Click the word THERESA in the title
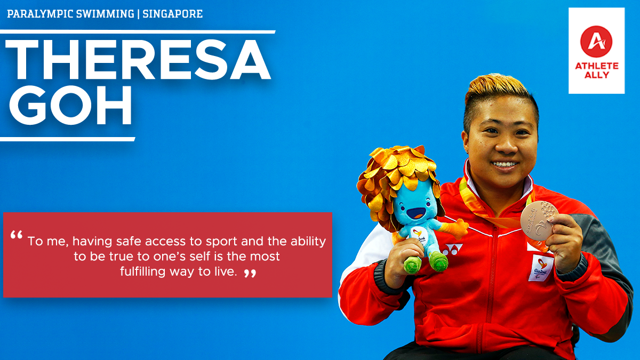[x=138, y=60]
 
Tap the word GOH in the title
[x=70, y=105]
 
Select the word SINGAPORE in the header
[x=173, y=14]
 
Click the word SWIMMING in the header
[x=105, y=14]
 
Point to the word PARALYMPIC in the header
[x=40, y=14]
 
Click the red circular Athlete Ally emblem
[x=596, y=42]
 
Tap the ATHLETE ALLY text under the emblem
[x=597, y=70]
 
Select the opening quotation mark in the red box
[x=17, y=235]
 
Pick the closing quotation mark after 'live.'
[x=250, y=273]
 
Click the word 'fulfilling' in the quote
[x=142, y=271]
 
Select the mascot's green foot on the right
[x=438, y=261]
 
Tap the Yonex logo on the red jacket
[x=452, y=250]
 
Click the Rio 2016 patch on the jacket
[x=541, y=268]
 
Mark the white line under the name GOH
[x=67, y=139]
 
